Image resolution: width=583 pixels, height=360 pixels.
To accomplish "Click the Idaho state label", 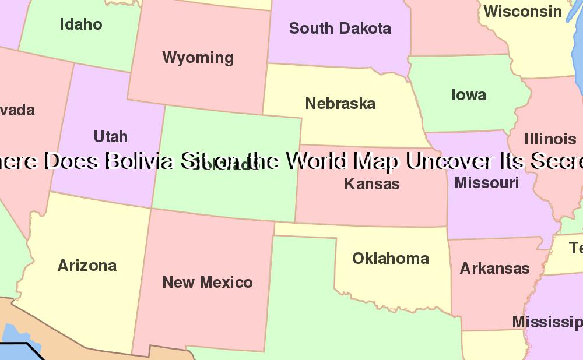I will pos(81,24).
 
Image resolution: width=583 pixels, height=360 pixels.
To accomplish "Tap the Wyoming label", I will pos(198,58).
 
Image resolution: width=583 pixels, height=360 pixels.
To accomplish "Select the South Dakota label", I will pos(340,28).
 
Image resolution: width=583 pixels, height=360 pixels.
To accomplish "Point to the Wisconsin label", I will pos(523,11).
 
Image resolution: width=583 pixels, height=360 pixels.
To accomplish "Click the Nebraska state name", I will pos(340,104).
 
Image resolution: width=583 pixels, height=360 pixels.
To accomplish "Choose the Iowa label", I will pos(469,95).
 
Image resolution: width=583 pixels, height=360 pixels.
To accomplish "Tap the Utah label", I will pos(111,136).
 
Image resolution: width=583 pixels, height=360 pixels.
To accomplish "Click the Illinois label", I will pos(550,139).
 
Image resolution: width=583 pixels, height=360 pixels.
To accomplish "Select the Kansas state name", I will pos(372,183).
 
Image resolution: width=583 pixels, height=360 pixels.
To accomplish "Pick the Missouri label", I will pos(487,182).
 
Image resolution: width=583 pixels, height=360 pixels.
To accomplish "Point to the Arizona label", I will pos(87,266).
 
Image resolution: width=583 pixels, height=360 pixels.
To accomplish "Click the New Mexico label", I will pos(208,283).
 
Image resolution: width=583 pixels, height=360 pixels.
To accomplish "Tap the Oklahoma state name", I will pos(391,258).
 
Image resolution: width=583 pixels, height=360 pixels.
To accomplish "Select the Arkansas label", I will pos(494,269).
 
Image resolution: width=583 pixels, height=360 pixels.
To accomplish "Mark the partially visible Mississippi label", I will pos(547,322).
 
